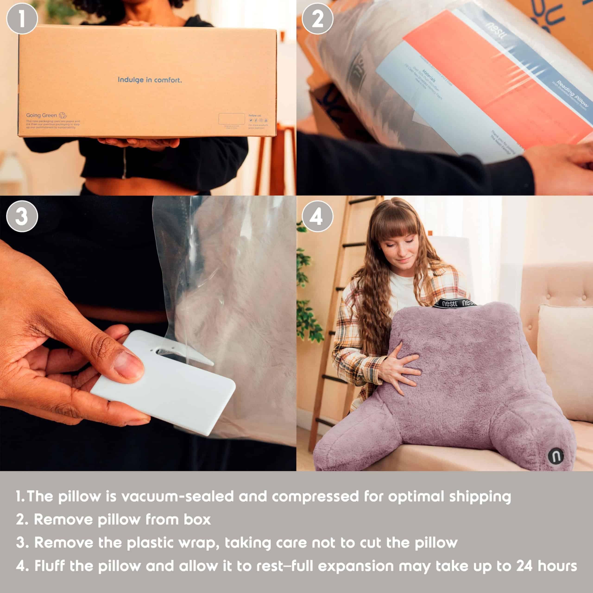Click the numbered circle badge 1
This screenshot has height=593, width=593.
[22, 19]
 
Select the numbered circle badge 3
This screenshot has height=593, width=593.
[22, 216]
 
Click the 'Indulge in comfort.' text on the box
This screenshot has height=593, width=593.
[150, 80]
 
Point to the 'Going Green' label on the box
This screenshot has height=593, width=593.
[42, 115]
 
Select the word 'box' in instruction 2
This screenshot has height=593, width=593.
[197, 520]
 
